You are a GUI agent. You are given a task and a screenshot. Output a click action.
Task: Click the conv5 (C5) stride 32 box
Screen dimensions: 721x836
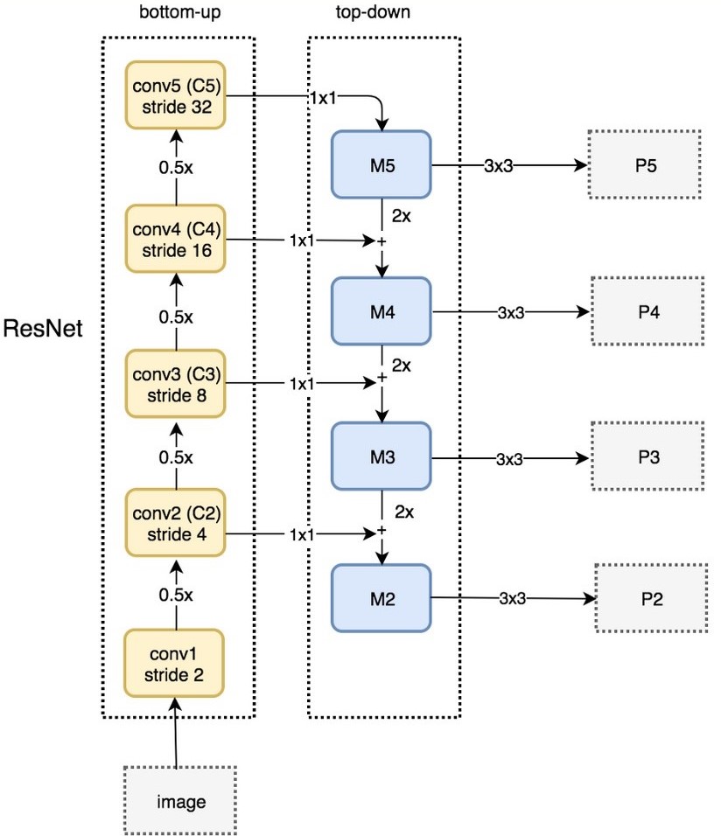coord(176,95)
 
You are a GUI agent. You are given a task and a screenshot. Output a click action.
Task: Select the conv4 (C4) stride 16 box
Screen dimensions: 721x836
coord(176,239)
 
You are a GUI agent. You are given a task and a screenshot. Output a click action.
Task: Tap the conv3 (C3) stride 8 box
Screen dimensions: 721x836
coord(176,384)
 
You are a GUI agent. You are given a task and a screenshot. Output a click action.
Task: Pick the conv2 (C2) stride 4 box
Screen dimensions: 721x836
coord(176,523)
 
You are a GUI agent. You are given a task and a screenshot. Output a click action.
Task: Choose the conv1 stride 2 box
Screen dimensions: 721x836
coord(174,664)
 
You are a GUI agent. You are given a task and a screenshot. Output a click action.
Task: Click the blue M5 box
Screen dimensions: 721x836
coord(381,164)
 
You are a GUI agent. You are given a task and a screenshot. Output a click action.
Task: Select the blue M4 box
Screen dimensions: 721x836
coord(381,311)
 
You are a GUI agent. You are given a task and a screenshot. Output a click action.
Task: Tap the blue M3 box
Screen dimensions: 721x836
coord(381,456)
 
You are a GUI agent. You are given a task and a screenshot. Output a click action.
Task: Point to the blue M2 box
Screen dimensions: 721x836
coord(381,599)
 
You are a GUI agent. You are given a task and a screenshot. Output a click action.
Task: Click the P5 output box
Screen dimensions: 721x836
coord(645,164)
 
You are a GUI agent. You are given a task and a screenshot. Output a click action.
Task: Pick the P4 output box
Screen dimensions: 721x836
coord(647,311)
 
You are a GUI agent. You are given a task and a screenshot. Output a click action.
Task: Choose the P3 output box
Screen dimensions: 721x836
coord(647,456)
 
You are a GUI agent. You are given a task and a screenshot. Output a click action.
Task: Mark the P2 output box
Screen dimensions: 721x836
coord(652,598)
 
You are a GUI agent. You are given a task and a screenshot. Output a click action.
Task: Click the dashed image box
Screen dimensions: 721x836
coord(180,801)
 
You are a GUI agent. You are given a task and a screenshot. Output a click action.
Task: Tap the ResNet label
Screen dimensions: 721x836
coord(43,329)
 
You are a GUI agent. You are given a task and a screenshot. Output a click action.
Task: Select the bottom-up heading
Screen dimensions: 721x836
coord(180,11)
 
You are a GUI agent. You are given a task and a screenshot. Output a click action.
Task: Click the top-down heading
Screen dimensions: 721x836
coord(373,11)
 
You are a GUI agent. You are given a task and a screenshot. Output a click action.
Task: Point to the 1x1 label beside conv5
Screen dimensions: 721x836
coord(324,98)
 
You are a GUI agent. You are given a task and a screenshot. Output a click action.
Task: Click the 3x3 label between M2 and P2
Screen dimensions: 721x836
coord(513,599)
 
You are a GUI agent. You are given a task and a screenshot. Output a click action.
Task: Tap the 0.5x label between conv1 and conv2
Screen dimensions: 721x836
coord(176,595)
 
